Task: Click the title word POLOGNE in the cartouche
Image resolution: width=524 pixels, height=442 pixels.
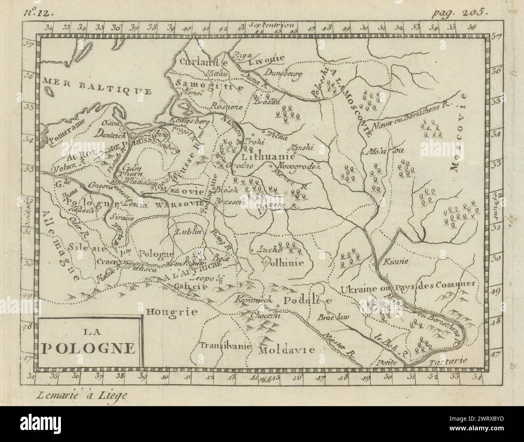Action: (x=87, y=348)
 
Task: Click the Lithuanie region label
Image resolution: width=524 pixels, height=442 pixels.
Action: (x=266, y=156)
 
